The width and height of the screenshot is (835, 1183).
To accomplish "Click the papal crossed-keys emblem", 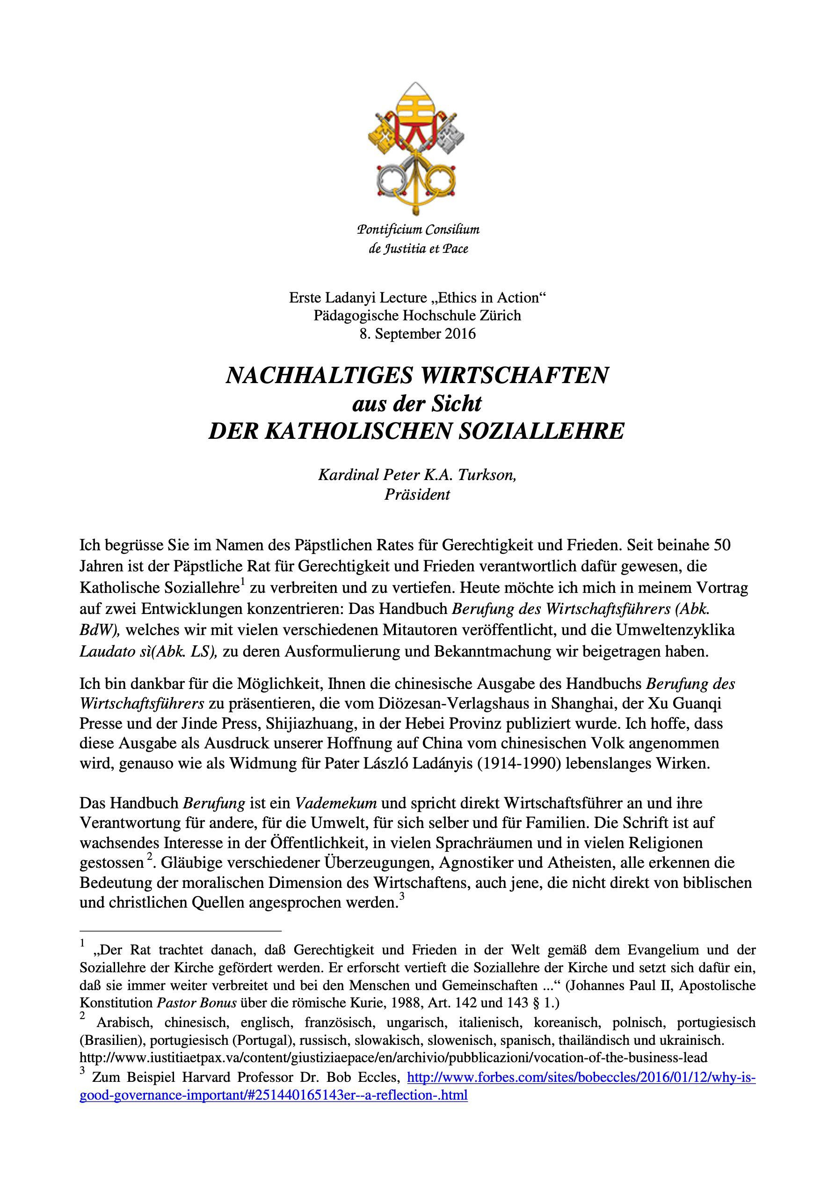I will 416,148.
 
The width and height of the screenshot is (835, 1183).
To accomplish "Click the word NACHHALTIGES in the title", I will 319,376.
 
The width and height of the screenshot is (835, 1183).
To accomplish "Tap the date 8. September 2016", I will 417,334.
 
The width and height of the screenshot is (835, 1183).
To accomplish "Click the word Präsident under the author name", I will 417,495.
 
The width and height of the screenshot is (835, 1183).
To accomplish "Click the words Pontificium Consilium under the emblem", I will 418,229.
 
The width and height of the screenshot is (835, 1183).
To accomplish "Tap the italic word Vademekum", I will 336,803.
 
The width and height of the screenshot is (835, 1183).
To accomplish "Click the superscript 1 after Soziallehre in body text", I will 242,583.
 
